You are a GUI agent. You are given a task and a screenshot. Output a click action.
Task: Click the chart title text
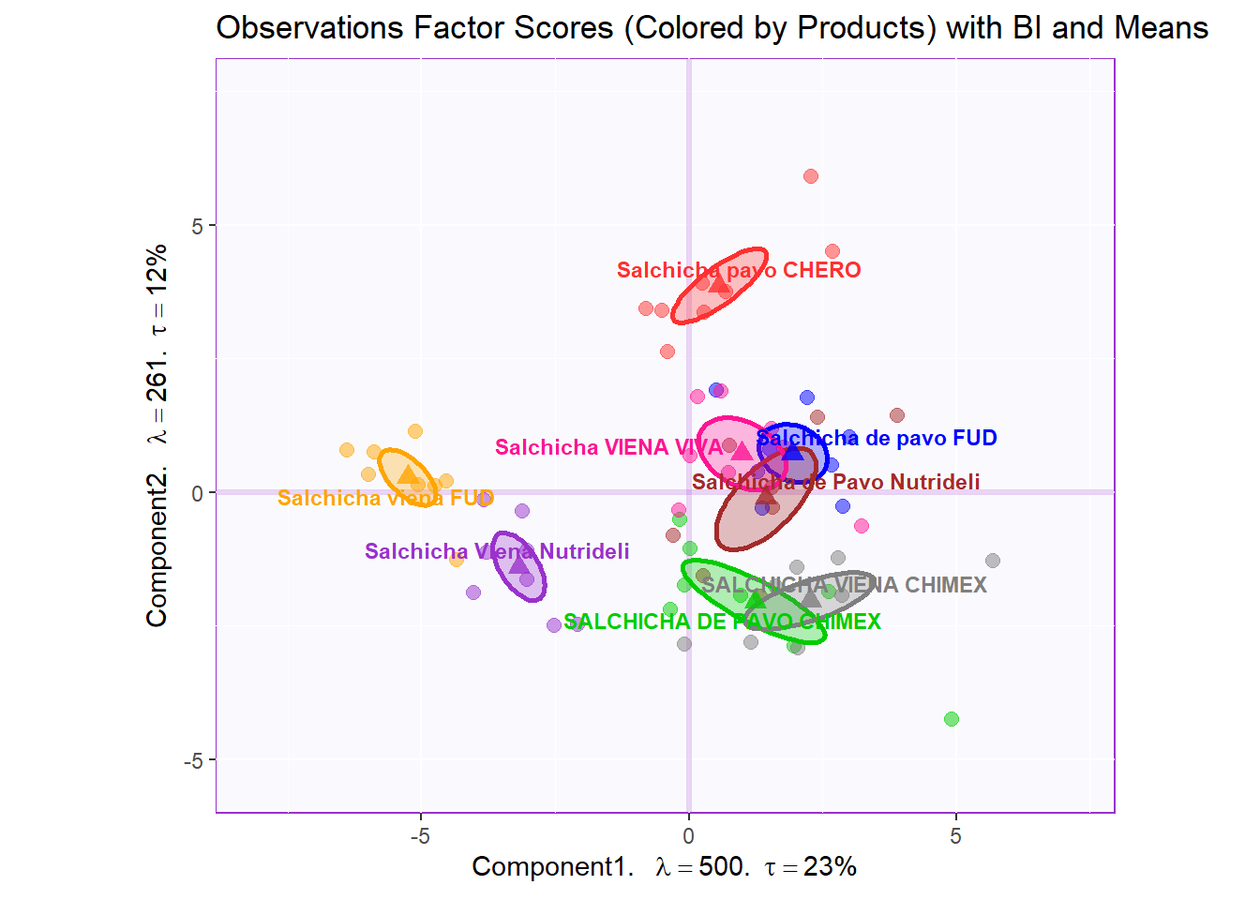[712, 28]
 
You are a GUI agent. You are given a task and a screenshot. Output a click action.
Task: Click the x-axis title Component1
[664, 866]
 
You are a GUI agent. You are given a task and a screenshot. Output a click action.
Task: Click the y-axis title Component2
[157, 435]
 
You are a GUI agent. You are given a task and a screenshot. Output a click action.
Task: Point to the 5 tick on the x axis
[955, 836]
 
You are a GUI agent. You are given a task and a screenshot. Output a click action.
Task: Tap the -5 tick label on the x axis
[420, 836]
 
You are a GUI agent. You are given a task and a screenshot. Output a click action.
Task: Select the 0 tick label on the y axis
[197, 493]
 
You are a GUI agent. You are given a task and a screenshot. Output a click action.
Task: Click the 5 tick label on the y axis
[197, 226]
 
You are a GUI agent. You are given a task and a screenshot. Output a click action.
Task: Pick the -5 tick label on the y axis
[193, 760]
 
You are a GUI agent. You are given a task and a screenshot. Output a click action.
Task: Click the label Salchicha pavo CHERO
[739, 270]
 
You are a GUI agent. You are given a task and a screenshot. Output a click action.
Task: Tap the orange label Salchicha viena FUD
[385, 498]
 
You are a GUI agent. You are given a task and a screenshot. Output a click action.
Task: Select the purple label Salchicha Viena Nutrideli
[497, 551]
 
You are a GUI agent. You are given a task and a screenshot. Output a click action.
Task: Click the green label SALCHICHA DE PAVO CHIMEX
[722, 622]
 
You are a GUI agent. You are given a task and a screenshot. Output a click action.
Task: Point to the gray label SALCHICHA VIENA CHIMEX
[844, 585]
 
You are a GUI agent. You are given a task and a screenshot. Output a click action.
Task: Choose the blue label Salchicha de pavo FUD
[877, 438]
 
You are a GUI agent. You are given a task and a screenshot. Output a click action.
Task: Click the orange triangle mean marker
[407, 474]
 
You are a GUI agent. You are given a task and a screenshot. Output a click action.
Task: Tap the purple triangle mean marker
[518, 563]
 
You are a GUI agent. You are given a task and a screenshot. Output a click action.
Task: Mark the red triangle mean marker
[719, 283]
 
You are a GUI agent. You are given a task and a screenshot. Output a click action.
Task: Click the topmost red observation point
[811, 176]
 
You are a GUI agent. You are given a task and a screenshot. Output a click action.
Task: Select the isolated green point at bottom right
[952, 719]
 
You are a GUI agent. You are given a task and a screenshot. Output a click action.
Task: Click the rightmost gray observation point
[993, 561]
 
